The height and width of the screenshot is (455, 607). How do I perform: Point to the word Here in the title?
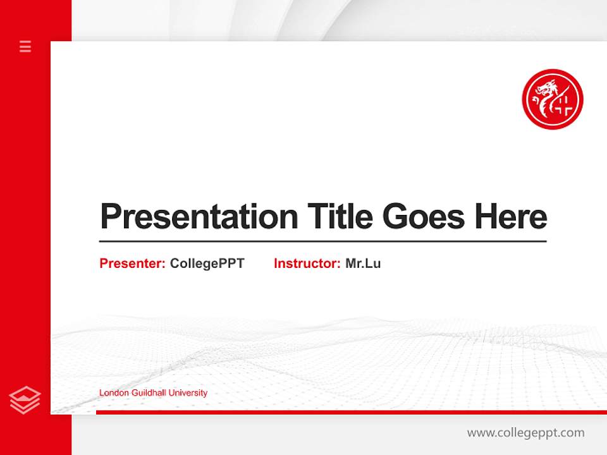click(511, 217)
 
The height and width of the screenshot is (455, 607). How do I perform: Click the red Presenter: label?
click(133, 264)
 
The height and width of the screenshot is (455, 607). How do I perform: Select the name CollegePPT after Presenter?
click(207, 264)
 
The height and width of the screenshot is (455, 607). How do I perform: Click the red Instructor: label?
click(307, 264)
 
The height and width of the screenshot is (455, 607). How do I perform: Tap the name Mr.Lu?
click(363, 264)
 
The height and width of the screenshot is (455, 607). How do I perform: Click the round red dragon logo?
click(552, 99)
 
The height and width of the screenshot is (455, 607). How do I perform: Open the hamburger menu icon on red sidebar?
click(25, 46)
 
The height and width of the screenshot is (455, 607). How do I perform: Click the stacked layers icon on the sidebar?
click(25, 400)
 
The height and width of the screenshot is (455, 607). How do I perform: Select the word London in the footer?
click(114, 393)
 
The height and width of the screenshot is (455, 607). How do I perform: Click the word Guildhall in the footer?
click(149, 393)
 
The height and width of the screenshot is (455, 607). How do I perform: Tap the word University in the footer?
click(188, 393)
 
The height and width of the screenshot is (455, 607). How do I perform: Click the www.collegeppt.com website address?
click(525, 433)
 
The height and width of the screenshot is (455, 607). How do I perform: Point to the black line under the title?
click(322, 241)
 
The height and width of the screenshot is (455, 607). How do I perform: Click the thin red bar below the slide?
click(351, 412)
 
